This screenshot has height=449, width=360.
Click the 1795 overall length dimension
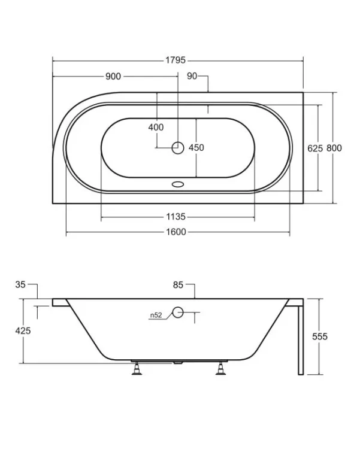click(176, 60)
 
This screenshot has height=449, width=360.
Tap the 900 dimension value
click(113, 77)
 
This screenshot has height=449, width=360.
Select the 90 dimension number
click(192, 76)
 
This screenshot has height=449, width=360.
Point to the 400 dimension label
click(156, 127)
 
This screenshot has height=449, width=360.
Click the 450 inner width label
click(196, 147)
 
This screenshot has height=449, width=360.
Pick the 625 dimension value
click(315, 148)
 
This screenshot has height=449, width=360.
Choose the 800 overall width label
click(334, 148)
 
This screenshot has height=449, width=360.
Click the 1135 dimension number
click(176, 217)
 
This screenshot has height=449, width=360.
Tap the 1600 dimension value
click(176, 232)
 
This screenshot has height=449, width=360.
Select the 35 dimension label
click(20, 284)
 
